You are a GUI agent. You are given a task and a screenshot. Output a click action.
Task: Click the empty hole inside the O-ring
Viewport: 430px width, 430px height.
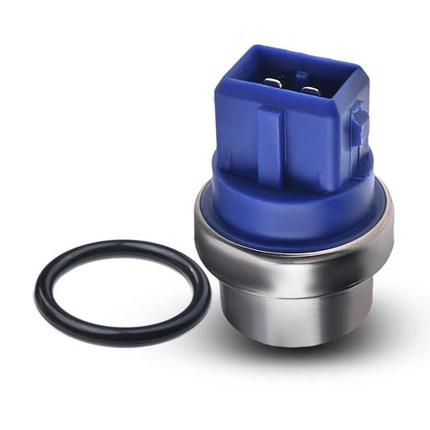pyautogui.click(x=121, y=291)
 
